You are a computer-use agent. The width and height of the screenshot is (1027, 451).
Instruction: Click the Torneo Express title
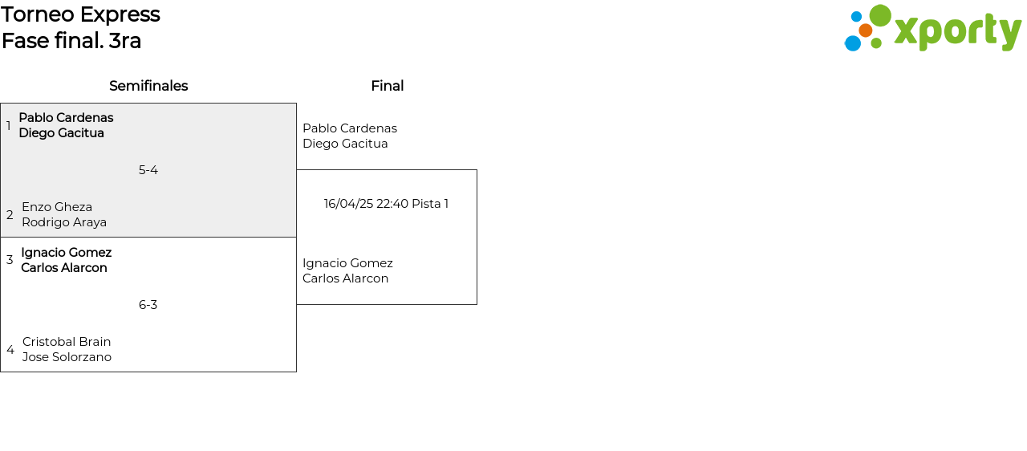pos(80,14)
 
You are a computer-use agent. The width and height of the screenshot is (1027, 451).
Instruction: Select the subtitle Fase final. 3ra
pos(71,41)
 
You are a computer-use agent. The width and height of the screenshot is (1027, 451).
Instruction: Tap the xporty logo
pos(932,29)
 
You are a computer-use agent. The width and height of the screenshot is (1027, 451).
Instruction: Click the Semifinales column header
pos(148,86)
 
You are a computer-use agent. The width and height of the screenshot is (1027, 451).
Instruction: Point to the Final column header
pos(387,86)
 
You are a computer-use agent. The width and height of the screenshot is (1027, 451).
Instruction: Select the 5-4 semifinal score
pos(148,170)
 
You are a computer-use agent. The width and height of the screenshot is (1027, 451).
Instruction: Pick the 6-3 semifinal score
pos(148,305)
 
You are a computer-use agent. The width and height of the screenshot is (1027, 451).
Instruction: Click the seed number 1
pos(9,126)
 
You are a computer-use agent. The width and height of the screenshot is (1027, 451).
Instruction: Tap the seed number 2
pos(10,215)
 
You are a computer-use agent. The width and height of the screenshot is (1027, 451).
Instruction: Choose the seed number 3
pos(10,260)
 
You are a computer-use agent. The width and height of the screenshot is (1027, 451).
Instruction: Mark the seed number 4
pos(10,350)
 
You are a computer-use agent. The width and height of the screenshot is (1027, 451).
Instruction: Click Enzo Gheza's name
pos(57,207)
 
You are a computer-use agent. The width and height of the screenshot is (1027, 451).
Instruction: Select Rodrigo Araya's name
pos(64,222)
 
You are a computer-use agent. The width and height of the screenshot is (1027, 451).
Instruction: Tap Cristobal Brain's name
pos(67,342)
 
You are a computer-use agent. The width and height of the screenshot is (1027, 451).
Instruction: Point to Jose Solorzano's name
pos(67,357)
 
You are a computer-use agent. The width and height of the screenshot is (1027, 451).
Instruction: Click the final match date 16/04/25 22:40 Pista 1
pos(386,204)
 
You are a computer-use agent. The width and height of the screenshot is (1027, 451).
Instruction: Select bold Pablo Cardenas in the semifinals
pos(66,118)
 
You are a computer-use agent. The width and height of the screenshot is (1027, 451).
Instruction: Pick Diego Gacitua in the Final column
pos(345,144)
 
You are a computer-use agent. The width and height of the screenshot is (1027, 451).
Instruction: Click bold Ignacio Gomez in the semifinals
pos(67,253)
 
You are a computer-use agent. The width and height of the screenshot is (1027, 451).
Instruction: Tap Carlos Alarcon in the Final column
pos(345,278)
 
